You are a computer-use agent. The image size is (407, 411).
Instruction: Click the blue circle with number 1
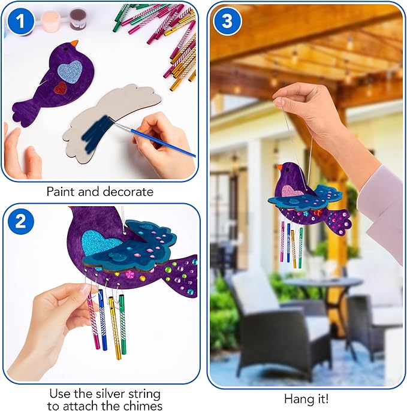pyautogui.click(x=20, y=22)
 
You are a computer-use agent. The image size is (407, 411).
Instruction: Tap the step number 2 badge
pyautogui.click(x=20, y=222)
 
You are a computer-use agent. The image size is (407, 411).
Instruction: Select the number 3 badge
pyautogui.click(x=227, y=22)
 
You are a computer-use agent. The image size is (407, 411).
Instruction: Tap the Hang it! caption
pyautogui.click(x=306, y=398)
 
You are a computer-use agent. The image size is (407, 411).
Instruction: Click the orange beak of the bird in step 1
pyautogui.click(x=74, y=44)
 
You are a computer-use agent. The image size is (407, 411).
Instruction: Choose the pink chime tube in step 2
pyautogui.click(x=94, y=324)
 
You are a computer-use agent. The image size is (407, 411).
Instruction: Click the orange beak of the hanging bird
pyautogui.click(x=278, y=168)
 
